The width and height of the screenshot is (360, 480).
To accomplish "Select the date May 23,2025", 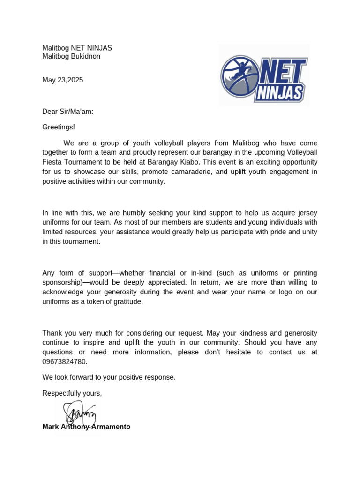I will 62,80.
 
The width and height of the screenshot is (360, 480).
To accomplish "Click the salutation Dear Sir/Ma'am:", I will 68,112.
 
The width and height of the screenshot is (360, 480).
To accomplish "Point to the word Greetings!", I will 59,127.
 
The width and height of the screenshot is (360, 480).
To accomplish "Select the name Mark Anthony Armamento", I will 86,427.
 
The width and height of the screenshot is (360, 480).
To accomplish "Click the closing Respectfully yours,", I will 72,393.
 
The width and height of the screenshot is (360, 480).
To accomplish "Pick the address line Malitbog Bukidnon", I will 71,57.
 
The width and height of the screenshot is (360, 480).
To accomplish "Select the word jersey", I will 307,213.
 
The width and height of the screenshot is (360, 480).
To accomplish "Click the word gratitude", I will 125,302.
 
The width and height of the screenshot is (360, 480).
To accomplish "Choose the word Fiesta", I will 52,162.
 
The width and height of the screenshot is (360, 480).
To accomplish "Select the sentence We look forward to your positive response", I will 109,377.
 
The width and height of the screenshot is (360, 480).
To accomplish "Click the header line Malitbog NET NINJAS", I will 77,48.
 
